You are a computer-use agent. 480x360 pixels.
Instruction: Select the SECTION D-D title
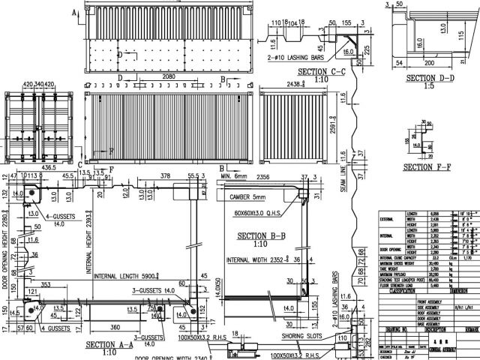[x=424, y=77]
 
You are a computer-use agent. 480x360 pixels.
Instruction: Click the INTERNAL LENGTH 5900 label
[x=125, y=275]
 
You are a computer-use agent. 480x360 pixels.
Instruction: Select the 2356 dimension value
[x=262, y=179]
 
